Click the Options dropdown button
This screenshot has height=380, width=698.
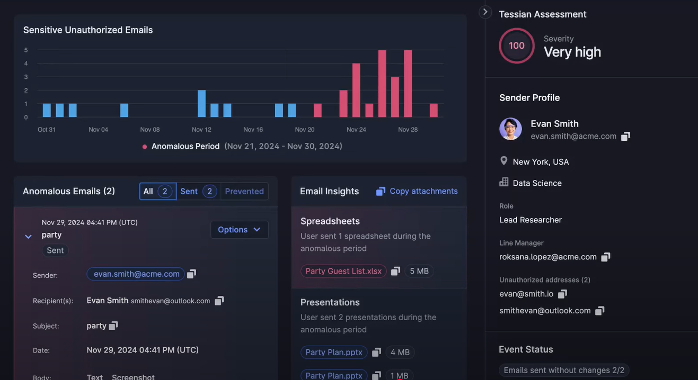(239, 230)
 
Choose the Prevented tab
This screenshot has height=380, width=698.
(244, 191)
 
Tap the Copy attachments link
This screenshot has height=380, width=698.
(418, 191)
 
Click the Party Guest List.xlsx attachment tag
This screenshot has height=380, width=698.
(343, 271)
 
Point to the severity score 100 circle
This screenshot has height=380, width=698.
(516, 46)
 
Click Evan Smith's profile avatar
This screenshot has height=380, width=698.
(510, 129)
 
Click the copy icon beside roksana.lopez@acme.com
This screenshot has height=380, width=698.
(606, 257)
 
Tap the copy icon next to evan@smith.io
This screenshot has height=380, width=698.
(563, 294)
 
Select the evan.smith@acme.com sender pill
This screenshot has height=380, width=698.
(136, 274)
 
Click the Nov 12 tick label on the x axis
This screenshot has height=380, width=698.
(201, 130)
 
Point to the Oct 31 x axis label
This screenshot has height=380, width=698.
(47, 130)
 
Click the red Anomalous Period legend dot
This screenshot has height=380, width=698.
(145, 147)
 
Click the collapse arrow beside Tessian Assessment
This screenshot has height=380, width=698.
(485, 12)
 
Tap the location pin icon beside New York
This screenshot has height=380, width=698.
(503, 161)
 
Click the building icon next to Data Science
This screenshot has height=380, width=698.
(503, 182)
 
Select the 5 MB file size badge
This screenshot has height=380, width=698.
(419, 271)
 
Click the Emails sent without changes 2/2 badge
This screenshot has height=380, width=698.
(564, 370)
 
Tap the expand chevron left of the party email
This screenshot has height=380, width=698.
(29, 237)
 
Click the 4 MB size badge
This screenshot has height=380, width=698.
(400, 352)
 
